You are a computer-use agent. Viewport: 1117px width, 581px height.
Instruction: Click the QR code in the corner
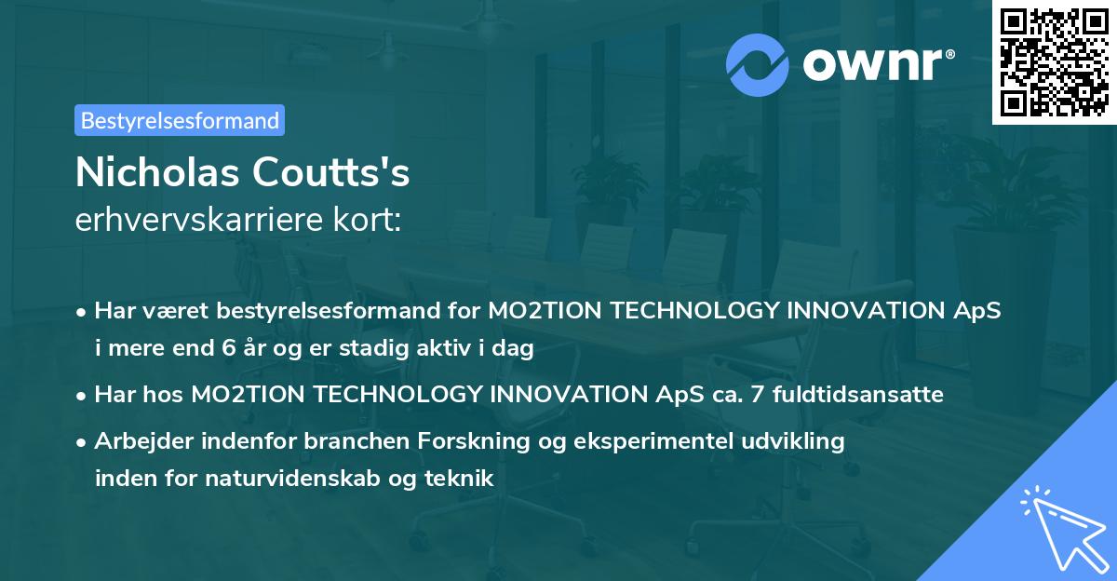pyautogui.click(x=1055, y=61)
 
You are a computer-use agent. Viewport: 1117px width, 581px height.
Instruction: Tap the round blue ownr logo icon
pyautogui.click(x=757, y=65)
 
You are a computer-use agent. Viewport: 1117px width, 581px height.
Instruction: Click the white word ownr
pyautogui.click(x=872, y=65)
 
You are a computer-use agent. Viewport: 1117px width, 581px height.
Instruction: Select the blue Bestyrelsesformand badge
pyautogui.click(x=180, y=120)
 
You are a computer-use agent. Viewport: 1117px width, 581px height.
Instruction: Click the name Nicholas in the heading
pyautogui.click(x=157, y=172)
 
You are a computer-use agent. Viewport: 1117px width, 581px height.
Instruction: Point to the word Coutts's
pyautogui.click(x=330, y=172)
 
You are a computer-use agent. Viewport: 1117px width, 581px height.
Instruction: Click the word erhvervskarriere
pyautogui.click(x=199, y=220)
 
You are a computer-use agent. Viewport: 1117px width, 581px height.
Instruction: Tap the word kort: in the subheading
pyautogui.click(x=367, y=220)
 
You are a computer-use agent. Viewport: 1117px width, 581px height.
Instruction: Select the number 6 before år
pyautogui.click(x=229, y=347)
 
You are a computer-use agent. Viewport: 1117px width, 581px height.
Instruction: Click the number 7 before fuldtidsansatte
pyautogui.click(x=757, y=394)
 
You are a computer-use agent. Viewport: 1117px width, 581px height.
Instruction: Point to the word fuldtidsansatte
pyautogui.click(x=857, y=394)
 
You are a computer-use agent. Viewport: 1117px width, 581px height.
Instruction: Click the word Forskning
pyautogui.click(x=473, y=440)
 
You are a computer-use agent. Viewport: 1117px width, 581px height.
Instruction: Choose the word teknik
pyautogui.click(x=459, y=478)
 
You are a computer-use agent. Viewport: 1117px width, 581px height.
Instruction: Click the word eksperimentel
pyautogui.click(x=653, y=440)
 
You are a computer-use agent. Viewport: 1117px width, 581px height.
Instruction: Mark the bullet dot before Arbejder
pyautogui.click(x=81, y=443)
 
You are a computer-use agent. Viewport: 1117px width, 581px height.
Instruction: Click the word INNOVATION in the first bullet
pyautogui.click(x=865, y=310)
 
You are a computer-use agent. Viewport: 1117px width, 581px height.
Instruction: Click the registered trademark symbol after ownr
pyautogui.click(x=949, y=54)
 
